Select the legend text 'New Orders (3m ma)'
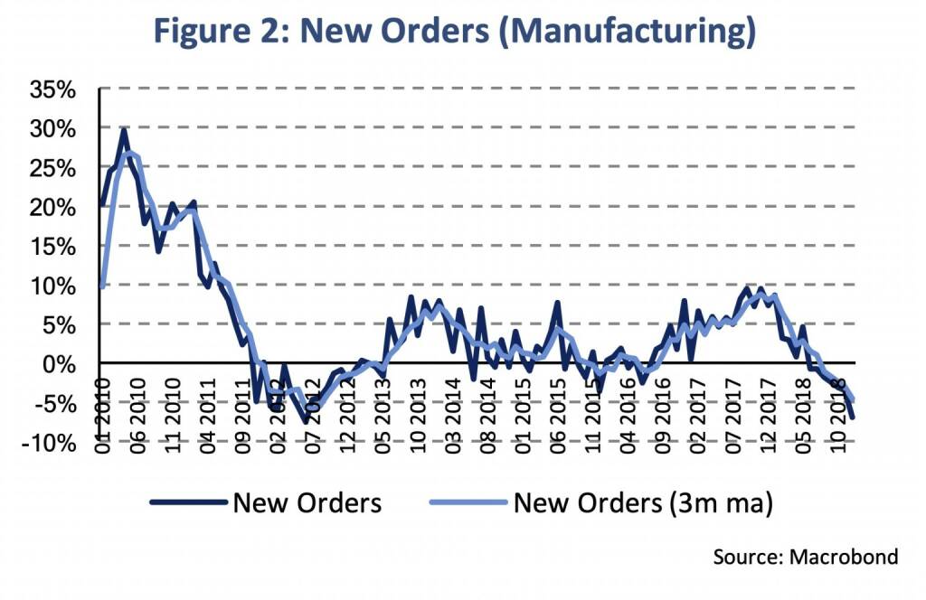click(643, 503)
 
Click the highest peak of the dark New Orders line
click(124, 130)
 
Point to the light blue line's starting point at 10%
click(102, 286)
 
